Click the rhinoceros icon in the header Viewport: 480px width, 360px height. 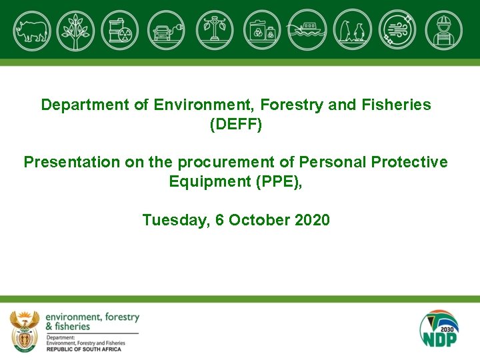31,30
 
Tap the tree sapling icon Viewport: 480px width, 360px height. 76,30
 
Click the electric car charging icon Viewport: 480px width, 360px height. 166,30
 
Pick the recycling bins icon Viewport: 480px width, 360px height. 262,30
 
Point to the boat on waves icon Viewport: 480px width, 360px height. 307,30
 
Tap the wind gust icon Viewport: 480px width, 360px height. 398,30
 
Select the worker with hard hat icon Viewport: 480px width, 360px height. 443,30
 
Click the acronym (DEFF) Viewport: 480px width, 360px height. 236,125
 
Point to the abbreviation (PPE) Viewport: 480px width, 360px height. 278,182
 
